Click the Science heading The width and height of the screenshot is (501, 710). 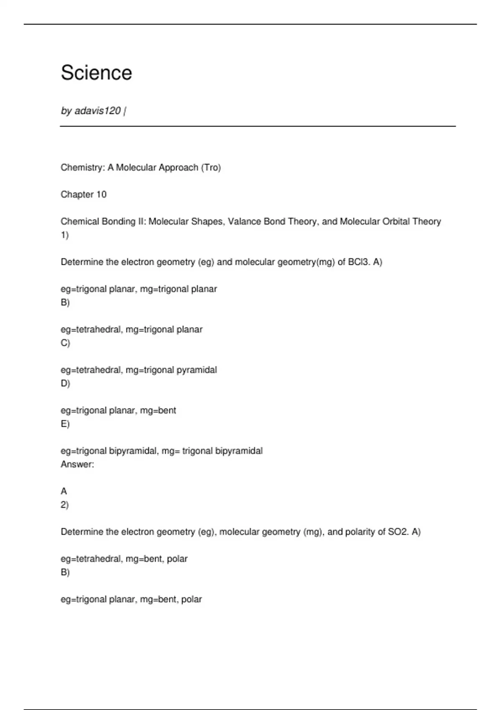96,73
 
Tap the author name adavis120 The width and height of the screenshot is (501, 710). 98,111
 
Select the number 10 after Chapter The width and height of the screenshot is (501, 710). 101,195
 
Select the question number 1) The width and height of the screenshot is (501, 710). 65,235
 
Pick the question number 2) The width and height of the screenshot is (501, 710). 65,505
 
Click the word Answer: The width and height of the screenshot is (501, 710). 77,464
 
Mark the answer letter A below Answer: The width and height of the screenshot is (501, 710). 64,491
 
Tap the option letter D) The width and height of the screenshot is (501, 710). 65,383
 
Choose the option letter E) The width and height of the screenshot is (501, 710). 65,424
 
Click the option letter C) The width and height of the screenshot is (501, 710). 65,343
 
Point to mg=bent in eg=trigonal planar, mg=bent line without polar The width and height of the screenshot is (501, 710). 158,411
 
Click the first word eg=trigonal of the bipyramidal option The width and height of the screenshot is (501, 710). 84,451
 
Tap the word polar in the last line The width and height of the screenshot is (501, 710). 192,599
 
